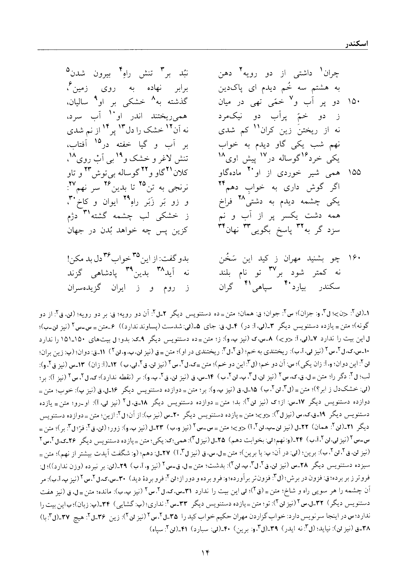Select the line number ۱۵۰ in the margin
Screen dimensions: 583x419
click(x=354, y=102)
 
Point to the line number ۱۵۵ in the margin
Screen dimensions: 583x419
click(x=354, y=172)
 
